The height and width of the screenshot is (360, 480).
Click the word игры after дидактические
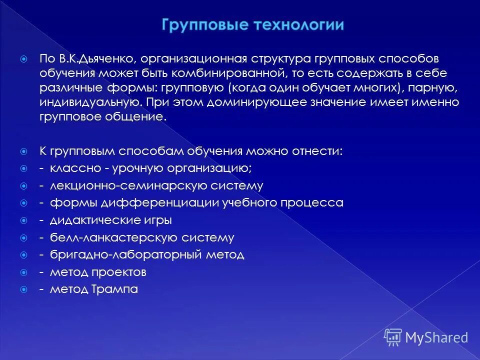point(161,220)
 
